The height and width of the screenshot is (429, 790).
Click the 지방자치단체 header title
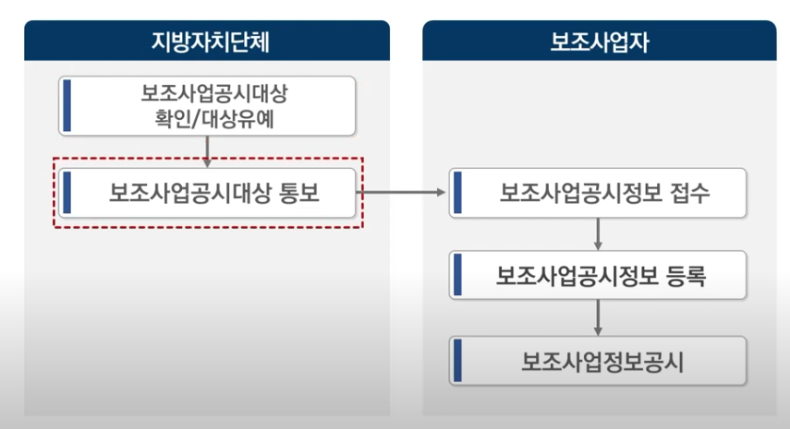207,41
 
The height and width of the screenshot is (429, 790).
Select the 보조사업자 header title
599,41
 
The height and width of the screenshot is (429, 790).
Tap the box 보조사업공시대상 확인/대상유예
208,106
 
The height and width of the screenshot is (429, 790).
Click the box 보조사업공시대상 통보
208,193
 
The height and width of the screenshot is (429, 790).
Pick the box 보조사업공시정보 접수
598,193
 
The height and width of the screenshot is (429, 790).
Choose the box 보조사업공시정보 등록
598,275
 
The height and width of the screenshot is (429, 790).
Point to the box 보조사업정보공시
598,359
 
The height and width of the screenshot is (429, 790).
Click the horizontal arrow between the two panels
404,193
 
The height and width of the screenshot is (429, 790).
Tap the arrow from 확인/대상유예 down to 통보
208,151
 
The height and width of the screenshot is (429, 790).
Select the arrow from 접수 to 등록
599,233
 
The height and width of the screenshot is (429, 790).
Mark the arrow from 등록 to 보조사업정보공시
599,317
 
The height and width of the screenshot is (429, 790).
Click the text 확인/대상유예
209,119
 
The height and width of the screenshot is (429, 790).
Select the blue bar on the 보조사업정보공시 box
457,359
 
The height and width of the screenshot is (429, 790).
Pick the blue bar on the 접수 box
457,193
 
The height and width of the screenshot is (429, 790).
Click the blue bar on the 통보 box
67,193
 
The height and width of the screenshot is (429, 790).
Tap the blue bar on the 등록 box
457,275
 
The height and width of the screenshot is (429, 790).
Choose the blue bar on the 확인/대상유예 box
67,106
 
